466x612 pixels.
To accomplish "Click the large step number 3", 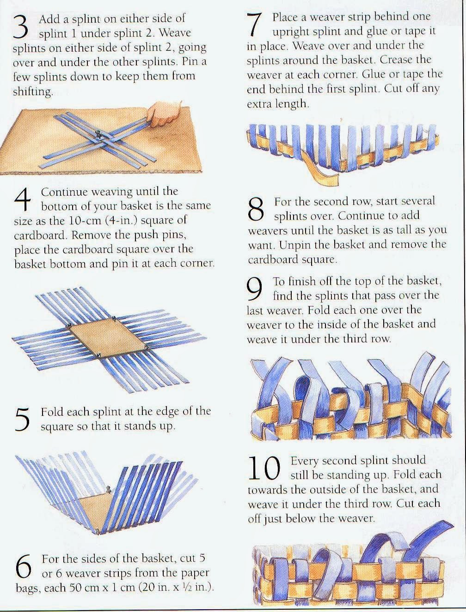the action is (21, 28).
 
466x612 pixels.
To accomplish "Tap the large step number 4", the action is (22, 200).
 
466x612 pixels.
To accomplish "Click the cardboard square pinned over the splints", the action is (108, 339).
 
